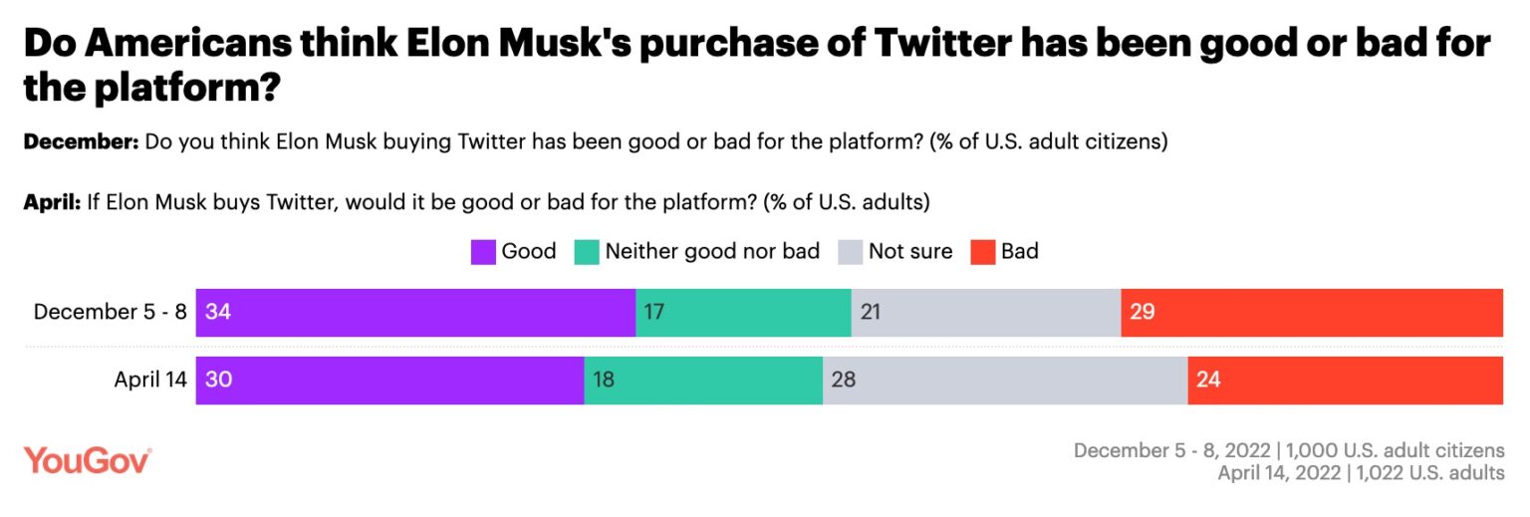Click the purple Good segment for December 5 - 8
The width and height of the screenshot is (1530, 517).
click(415, 313)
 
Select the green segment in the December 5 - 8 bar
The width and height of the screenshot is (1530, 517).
click(743, 313)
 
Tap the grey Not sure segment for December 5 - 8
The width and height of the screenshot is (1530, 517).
click(985, 313)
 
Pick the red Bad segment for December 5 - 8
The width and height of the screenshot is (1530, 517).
click(1311, 313)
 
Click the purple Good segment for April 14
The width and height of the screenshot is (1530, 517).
click(389, 380)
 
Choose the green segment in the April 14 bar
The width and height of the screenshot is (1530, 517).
click(703, 380)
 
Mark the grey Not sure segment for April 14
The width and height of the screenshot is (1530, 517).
click(1005, 380)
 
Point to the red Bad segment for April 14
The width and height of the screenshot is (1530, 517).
click(1345, 380)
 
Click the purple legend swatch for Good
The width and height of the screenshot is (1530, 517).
click(483, 252)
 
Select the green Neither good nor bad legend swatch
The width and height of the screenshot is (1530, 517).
click(587, 252)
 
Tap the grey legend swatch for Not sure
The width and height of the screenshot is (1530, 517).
click(850, 252)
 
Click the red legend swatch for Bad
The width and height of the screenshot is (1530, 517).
click(982, 252)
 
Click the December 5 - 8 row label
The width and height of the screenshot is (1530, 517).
click(110, 312)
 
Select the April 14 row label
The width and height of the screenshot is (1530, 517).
click(149, 380)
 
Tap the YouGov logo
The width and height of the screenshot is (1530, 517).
click(88, 460)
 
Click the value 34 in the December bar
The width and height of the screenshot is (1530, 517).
click(217, 313)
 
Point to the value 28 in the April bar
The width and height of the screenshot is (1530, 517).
click(843, 380)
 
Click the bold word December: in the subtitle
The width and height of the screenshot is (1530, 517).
click(81, 142)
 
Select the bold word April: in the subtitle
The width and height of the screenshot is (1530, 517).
click(51, 202)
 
